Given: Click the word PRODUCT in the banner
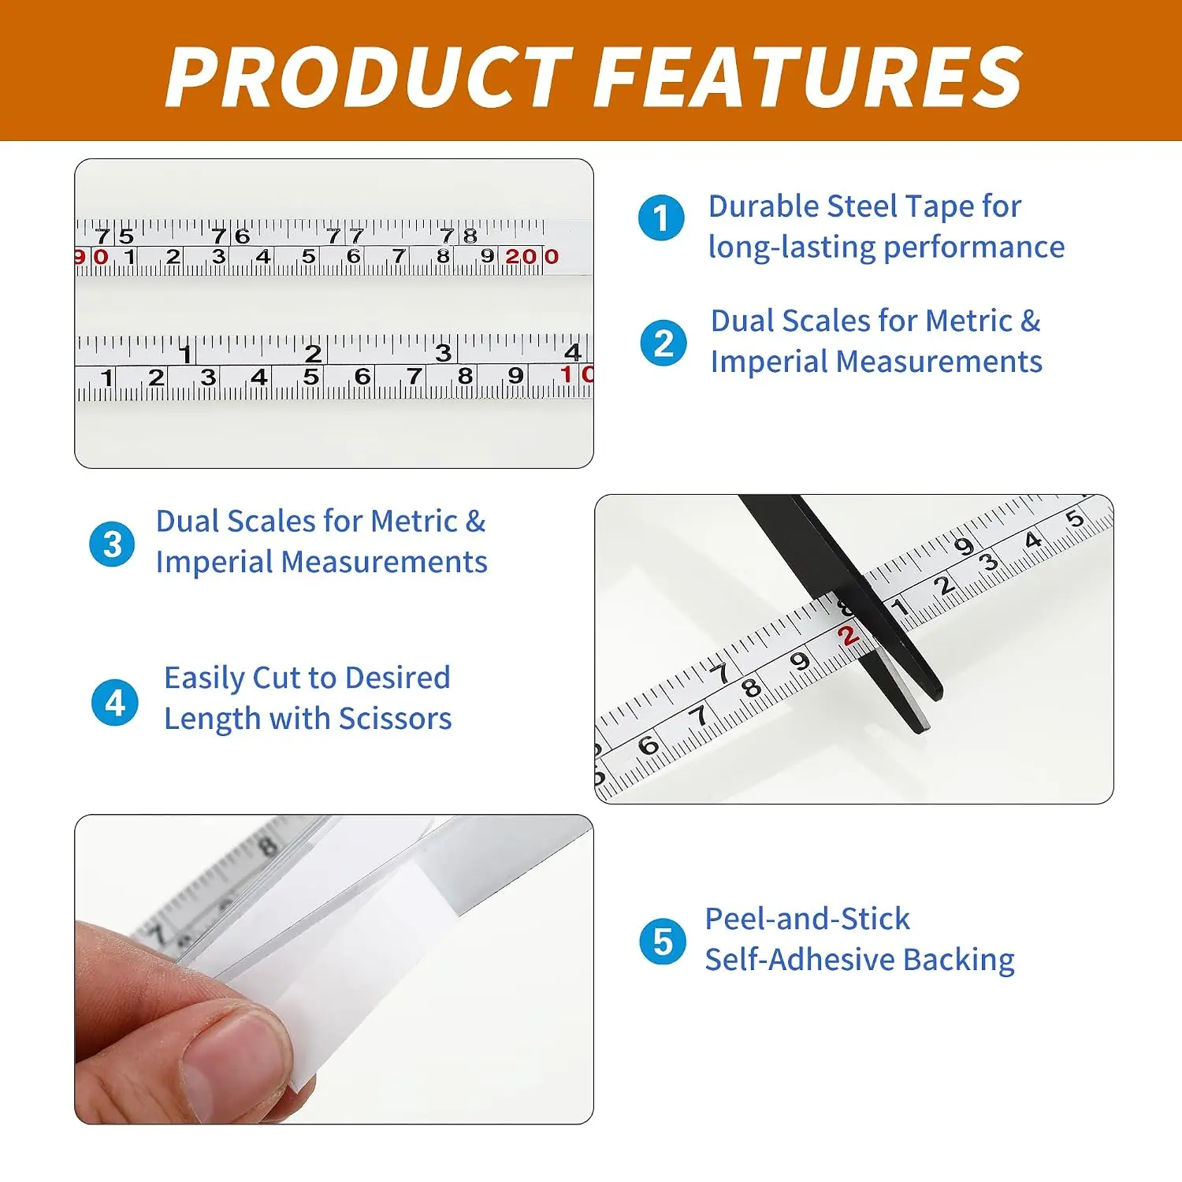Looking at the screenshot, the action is tap(369, 76).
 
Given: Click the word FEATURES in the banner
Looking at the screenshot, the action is tap(808, 76).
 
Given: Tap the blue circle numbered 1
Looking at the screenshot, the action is tap(661, 217).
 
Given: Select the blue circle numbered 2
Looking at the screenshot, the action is tap(663, 343).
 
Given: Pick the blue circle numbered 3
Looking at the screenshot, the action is tap(113, 544).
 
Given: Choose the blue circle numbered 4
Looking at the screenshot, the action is tap(115, 702).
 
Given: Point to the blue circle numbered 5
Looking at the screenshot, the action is tap(663, 941).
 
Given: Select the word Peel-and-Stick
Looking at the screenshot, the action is tap(807, 919).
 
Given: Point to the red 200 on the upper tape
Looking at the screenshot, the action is tap(532, 256).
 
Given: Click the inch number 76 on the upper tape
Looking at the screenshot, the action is tap(230, 236).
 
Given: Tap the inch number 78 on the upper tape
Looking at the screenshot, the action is tap(459, 236).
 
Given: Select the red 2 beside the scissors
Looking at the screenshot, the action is tap(847, 636).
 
